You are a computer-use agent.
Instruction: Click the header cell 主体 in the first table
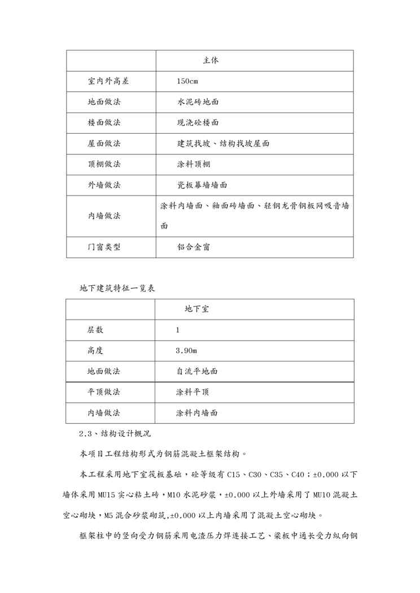pos(211,60)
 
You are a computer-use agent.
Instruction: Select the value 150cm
pos(187,81)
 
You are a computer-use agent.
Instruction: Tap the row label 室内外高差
pos(108,81)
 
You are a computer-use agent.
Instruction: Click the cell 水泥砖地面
pos(198,102)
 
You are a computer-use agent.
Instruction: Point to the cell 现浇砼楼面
pos(198,122)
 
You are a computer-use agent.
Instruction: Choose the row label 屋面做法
pos(104,143)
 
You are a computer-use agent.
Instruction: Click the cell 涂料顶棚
pos(193,164)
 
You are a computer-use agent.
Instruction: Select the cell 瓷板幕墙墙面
pos(202,185)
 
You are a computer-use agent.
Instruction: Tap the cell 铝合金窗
pos(193,247)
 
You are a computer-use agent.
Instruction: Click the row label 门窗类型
pos(104,247)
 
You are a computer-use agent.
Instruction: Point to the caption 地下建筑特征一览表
pos(117,287)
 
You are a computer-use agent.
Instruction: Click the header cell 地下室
pos(198,309)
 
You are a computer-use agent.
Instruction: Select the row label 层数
pos(95,330)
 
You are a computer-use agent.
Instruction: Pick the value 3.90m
pos(186,351)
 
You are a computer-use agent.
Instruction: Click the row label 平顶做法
pos(104,392)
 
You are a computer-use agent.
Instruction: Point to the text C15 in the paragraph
pos(255,475)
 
